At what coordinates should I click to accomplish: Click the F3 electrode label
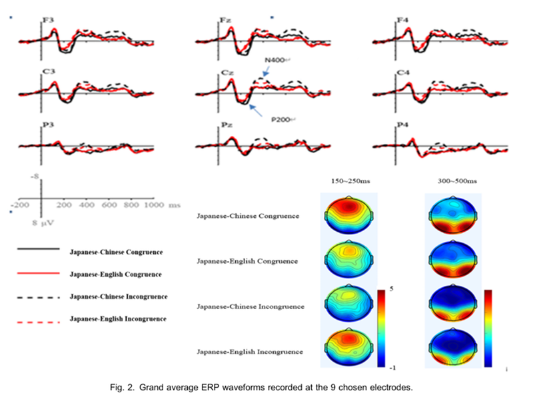coord(48,20)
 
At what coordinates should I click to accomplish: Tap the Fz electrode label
coord(226,21)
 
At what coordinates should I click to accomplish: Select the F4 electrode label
coord(402,21)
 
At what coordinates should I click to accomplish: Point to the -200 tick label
coord(20,206)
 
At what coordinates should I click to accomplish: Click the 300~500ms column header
coord(454,180)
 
